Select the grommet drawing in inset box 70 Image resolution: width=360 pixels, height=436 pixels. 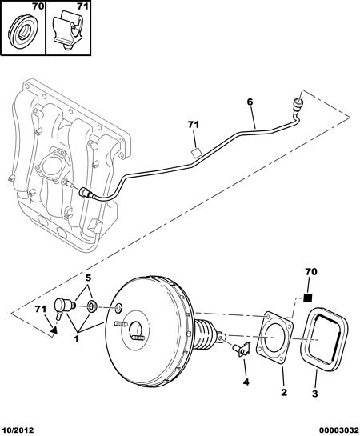(22, 31)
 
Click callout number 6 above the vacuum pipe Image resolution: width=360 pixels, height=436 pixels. (250, 102)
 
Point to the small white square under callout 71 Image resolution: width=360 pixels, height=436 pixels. (196, 152)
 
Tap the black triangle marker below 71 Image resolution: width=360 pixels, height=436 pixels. (54, 330)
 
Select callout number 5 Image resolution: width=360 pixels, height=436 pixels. (88, 278)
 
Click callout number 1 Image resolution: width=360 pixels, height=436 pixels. (76, 339)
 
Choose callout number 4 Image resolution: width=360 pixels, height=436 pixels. (246, 382)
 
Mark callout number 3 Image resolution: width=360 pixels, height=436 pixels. (314, 394)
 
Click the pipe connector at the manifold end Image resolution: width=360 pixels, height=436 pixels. (86, 193)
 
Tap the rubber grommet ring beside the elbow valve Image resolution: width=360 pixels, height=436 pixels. (91, 306)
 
